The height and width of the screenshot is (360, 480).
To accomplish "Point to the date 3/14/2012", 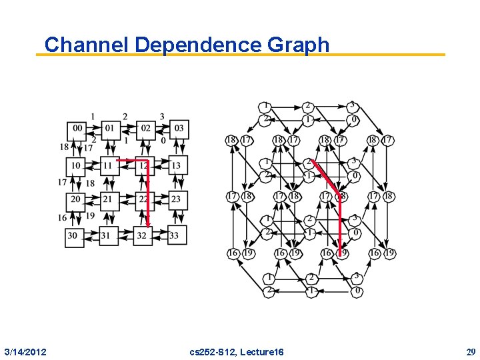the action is [25, 351].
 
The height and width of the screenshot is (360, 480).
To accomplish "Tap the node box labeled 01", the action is [110, 129].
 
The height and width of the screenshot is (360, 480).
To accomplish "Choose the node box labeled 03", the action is [178, 129].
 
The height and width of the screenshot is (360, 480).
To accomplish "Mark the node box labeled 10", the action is [76, 165].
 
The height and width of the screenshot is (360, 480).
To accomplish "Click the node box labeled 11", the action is [110, 165].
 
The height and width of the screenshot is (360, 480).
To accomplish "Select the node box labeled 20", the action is [76, 199].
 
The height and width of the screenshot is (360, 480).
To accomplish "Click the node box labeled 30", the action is [76, 235].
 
